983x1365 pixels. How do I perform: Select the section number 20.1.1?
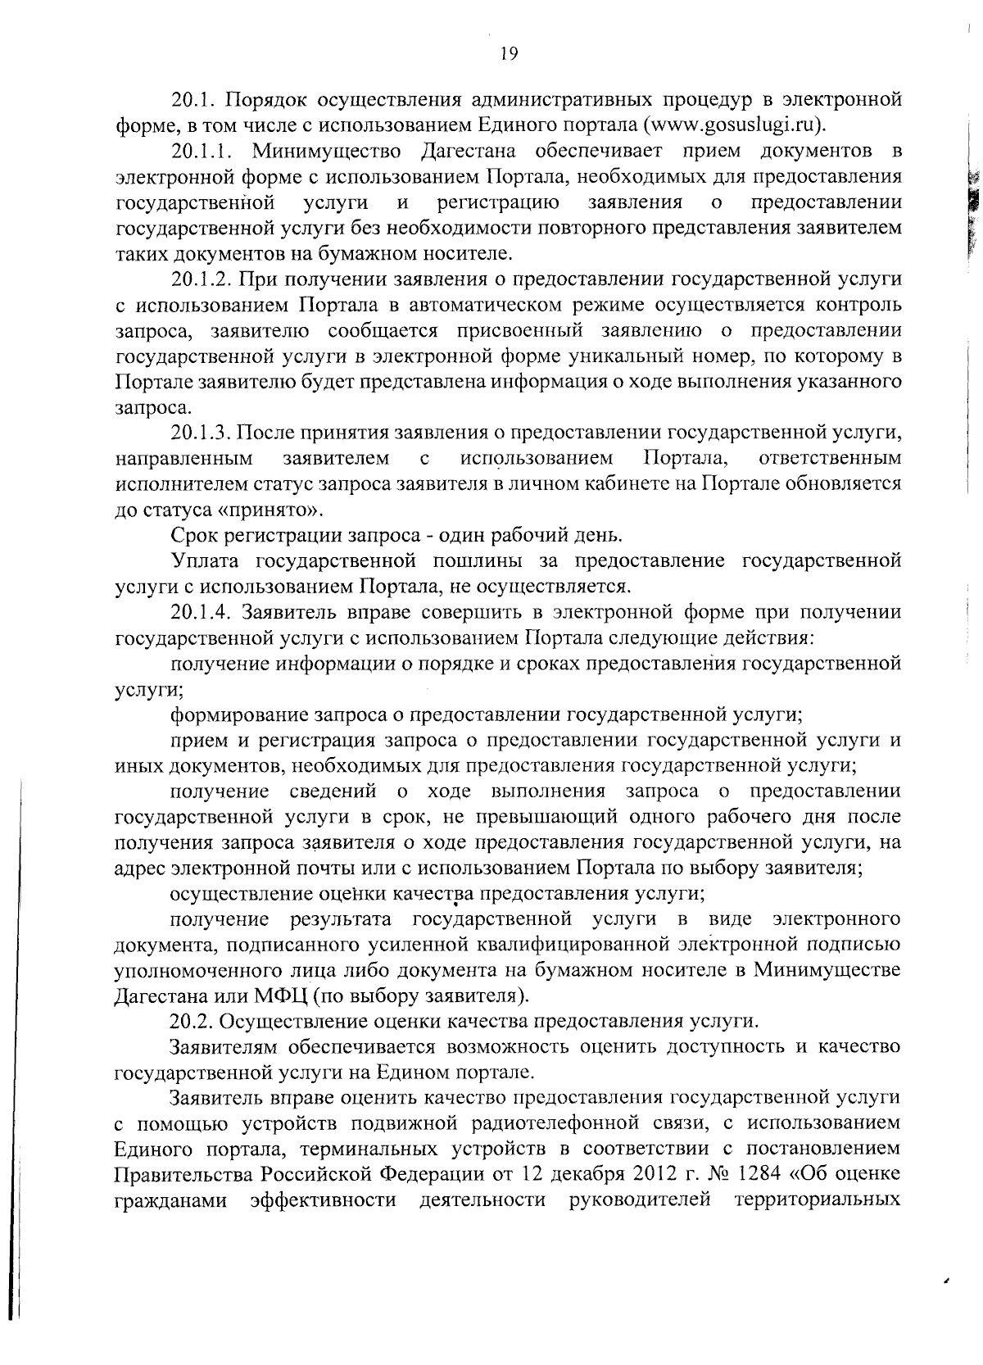(204, 152)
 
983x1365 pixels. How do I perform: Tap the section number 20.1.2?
(204, 279)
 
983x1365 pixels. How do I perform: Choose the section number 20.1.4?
(204, 612)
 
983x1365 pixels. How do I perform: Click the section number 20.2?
(192, 1022)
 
